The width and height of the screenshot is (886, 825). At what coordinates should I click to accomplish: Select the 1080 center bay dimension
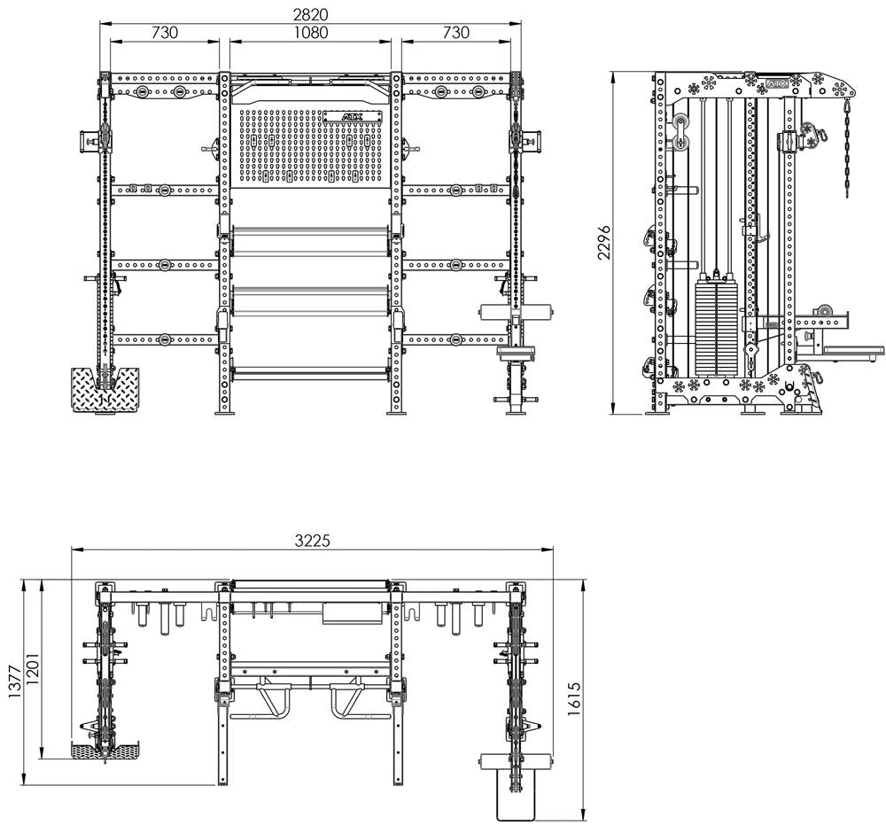click(x=311, y=33)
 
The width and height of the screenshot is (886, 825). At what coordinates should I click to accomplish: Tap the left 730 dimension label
click(x=165, y=33)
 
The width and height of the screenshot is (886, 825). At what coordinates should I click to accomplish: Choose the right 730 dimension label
click(x=455, y=33)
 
